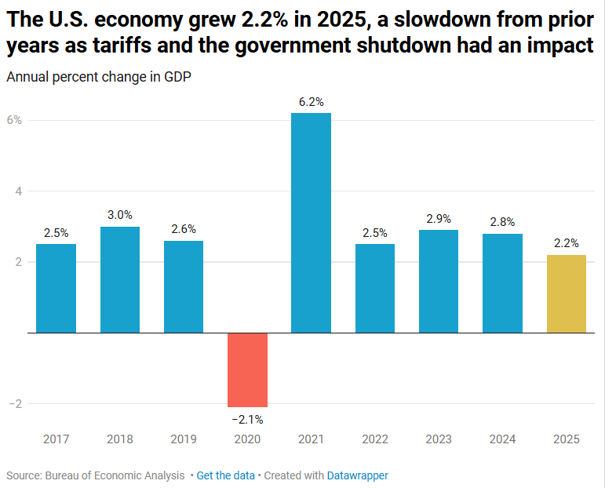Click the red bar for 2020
coord(247,370)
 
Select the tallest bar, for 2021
coord(311,223)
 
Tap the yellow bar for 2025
coord(566,293)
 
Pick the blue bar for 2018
coord(120,279)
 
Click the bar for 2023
coord(438,281)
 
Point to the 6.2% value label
coord(311,102)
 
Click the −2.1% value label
coord(247,420)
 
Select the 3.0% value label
coord(120,215)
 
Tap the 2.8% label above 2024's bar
coord(502,222)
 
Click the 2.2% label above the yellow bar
coord(566,243)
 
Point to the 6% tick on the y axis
coord(14,120)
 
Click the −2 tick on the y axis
coord(13,404)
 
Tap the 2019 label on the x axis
coord(184,439)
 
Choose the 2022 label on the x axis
coord(374,439)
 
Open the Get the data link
coord(225,475)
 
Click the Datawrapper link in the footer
coord(357,475)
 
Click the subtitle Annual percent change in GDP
coord(98,78)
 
